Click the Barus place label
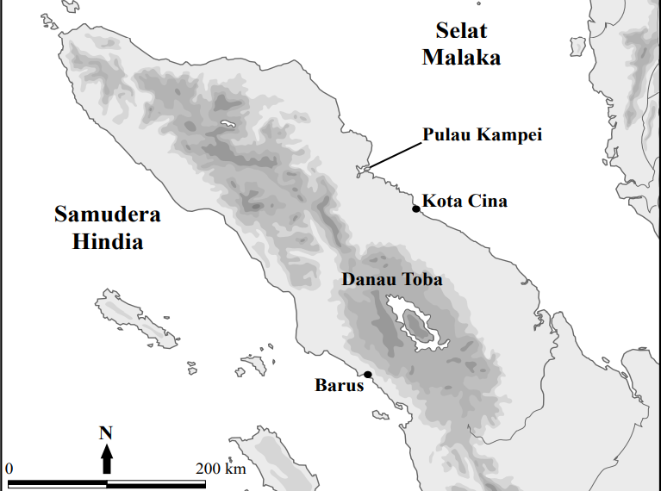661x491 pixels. click(x=340, y=385)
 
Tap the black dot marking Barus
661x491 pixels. click(x=368, y=374)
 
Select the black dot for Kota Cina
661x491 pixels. click(x=415, y=208)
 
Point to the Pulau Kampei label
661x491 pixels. click(x=482, y=135)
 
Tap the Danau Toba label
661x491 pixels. click(x=392, y=279)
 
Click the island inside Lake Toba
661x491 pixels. click(x=418, y=325)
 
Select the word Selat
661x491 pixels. click(x=461, y=32)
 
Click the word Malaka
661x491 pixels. click(x=461, y=58)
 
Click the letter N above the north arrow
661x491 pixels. click(x=106, y=432)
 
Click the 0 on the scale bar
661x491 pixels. click(x=9, y=469)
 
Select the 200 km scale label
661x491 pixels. click(x=221, y=469)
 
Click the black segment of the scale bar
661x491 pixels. click(x=57, y=484)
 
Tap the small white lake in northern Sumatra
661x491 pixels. click(x=228, y=124)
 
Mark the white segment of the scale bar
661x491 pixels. click(x=156, y=484)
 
